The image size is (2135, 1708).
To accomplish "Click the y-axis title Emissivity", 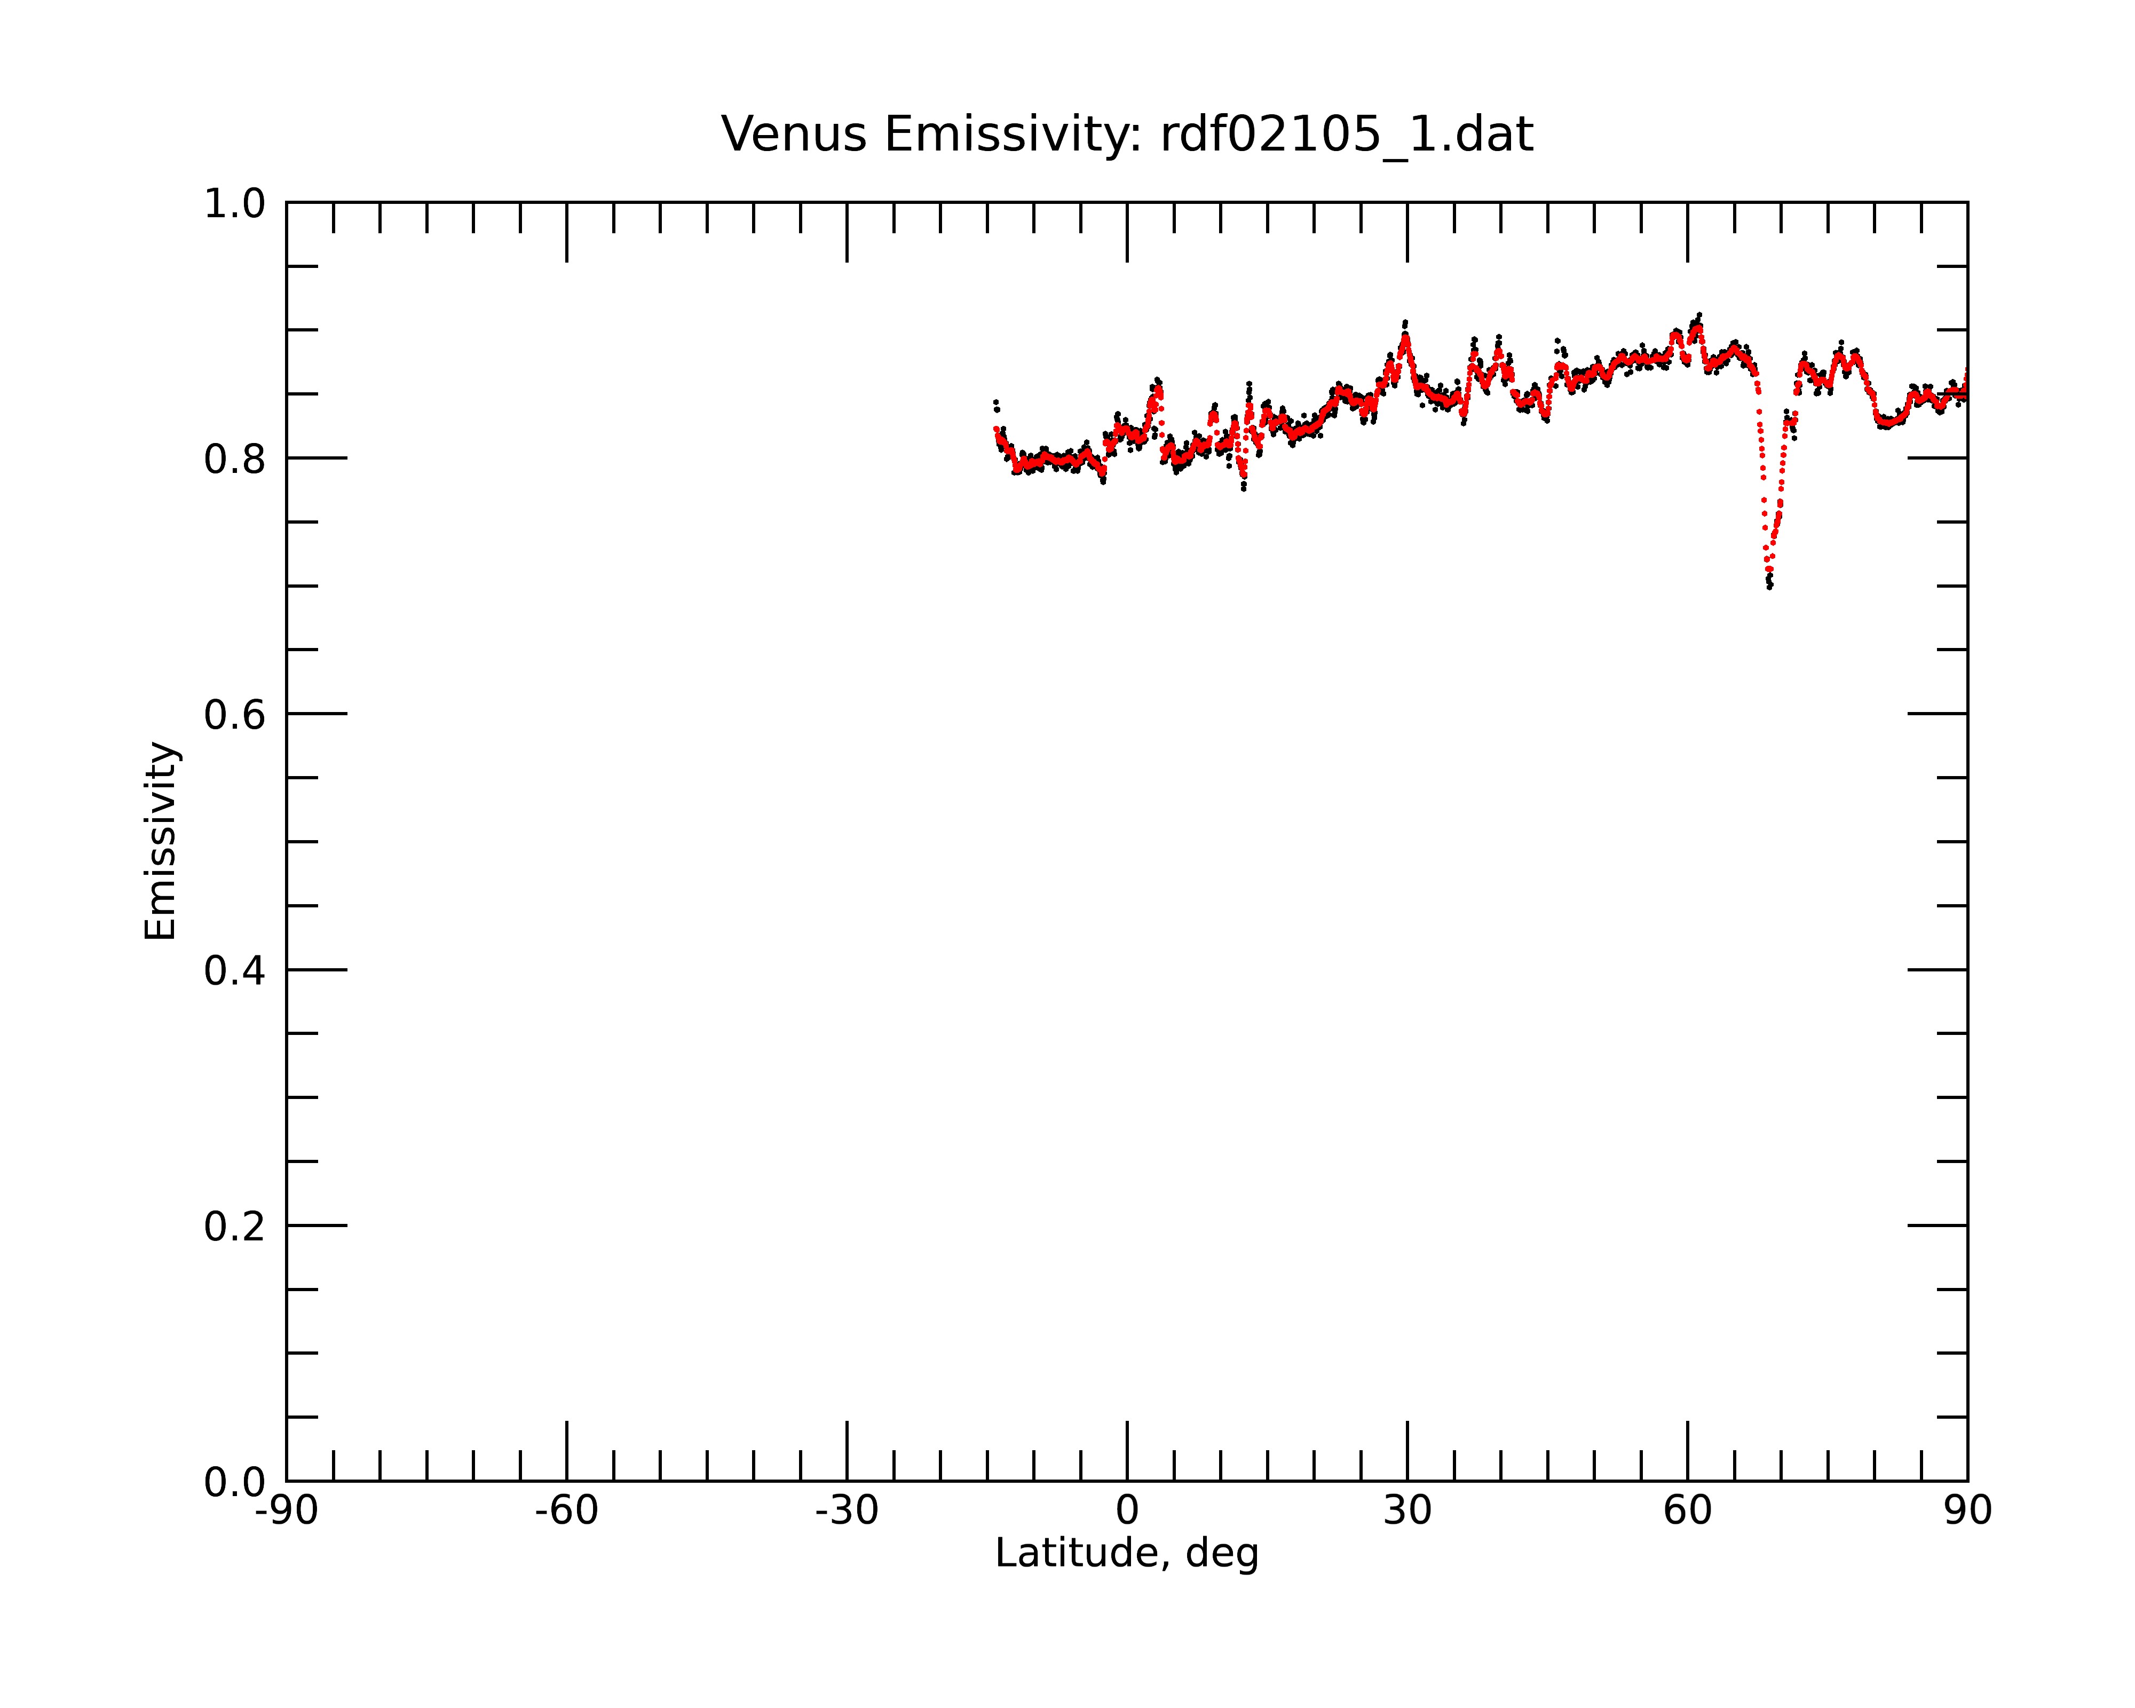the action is pyautogui.click(x=161, y=841).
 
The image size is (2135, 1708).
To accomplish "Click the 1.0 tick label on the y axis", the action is pyautogui.click(x=235, y=204).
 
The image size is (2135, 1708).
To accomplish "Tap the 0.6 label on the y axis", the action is pyautogui.click(x=235, y=715).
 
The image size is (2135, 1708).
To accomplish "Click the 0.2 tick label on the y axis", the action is pyautogui.click(x=235, y=1227).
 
